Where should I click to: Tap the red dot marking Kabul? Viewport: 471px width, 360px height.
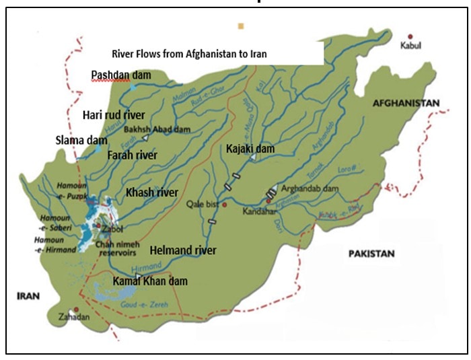point(410,37)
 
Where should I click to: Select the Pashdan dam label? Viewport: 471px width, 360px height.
point(121,75)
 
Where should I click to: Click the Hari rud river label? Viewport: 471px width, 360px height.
point(114,114)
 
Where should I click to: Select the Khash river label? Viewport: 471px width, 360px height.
point(152,192)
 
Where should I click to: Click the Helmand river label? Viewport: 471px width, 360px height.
point(183,250)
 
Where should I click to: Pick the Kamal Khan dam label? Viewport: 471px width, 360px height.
point(149,281)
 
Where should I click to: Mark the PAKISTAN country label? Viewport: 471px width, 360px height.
point(370,254)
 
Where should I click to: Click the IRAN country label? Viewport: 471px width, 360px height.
point(26,295)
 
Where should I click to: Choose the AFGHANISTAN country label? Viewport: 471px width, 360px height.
point(402,103)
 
